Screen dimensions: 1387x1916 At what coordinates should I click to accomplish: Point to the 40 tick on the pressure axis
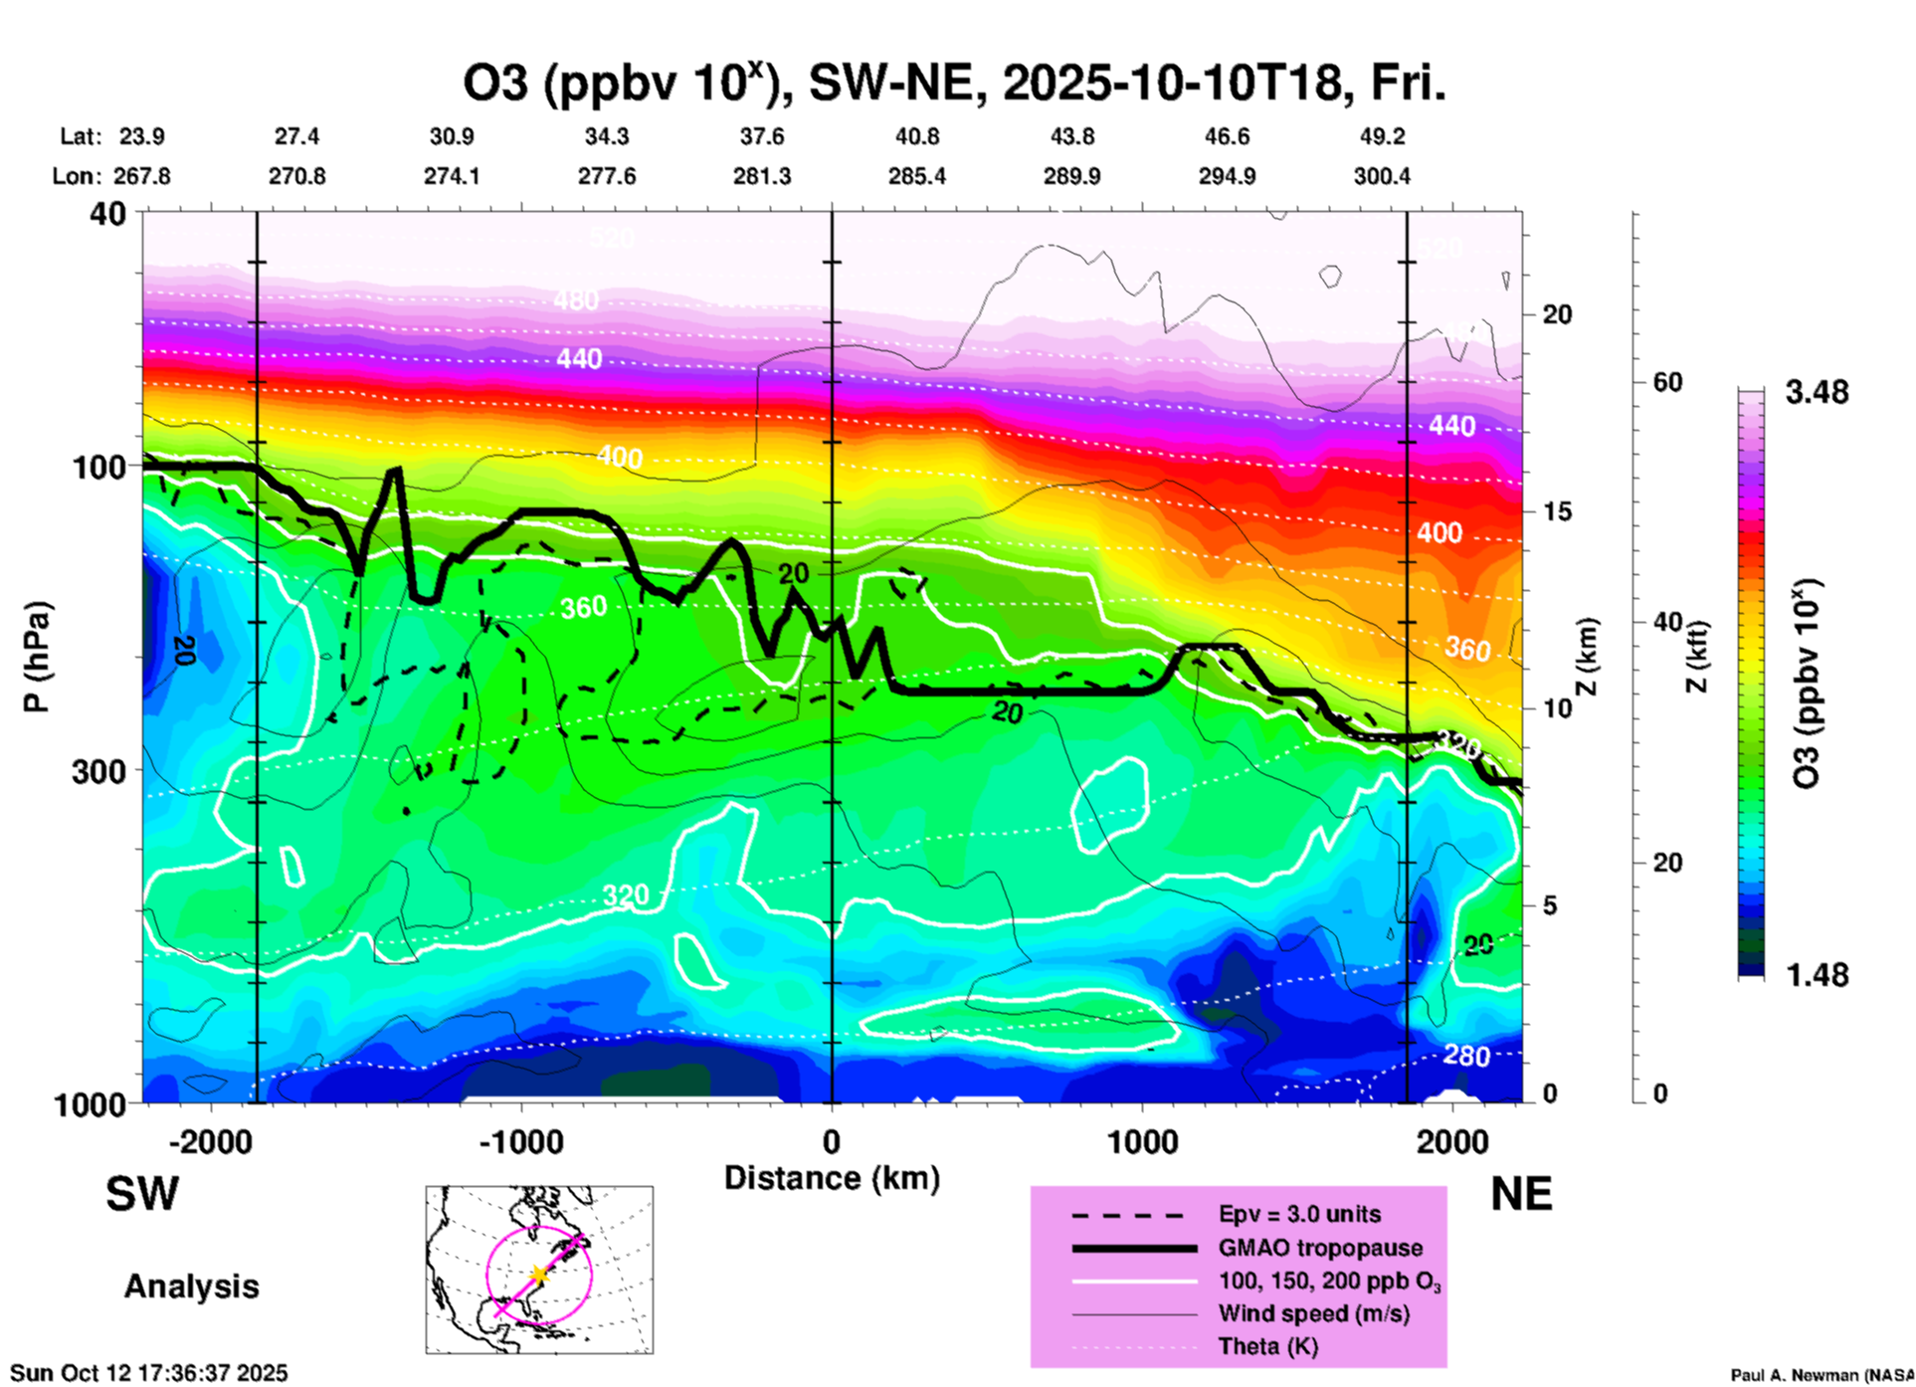pyautogui.click(x=108, y=213)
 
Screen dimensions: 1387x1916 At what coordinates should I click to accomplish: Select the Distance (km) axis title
pyautogui.click(x=832, y=1178)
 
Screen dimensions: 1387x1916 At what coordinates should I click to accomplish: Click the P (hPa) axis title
pyautogui.click(x=37, y=657)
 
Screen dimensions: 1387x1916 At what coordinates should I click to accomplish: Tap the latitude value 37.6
pyautogui.click(x=762, y=136)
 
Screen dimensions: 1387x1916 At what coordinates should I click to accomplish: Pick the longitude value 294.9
pyautogui.click(x=1227, y=176)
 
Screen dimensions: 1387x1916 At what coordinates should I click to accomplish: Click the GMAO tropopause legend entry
pyautogui.click(x=1320, y=1248)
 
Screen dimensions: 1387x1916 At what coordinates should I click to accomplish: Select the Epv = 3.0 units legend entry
pyautogui.click(x=1299, y=1214)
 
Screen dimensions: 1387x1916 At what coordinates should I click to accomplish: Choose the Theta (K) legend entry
pyautogui.click(x=1267, y=1346)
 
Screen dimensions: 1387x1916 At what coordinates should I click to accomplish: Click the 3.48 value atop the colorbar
pyautogui.click(x=1817, y=393)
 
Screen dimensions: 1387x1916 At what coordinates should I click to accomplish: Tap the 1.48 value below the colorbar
pyautogui.click(x=1817, y=975)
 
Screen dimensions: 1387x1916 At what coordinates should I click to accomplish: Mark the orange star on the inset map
pyautogui.click(x=539, y=1275)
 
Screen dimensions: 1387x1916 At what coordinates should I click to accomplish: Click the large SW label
pyautogui.click(x=142, y=1194)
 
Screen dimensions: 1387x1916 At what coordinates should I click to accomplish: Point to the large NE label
pyautogui.click(x=1521, y=1194)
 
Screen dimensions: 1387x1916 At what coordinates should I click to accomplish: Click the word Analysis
pyautogui.click(x=191, y=1287)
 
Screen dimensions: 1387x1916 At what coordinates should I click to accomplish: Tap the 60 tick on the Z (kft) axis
pyautogui.click(x=1667, y=382)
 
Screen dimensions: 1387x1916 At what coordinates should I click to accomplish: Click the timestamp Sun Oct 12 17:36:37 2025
pyautogui.click(x=149, y=1373)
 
